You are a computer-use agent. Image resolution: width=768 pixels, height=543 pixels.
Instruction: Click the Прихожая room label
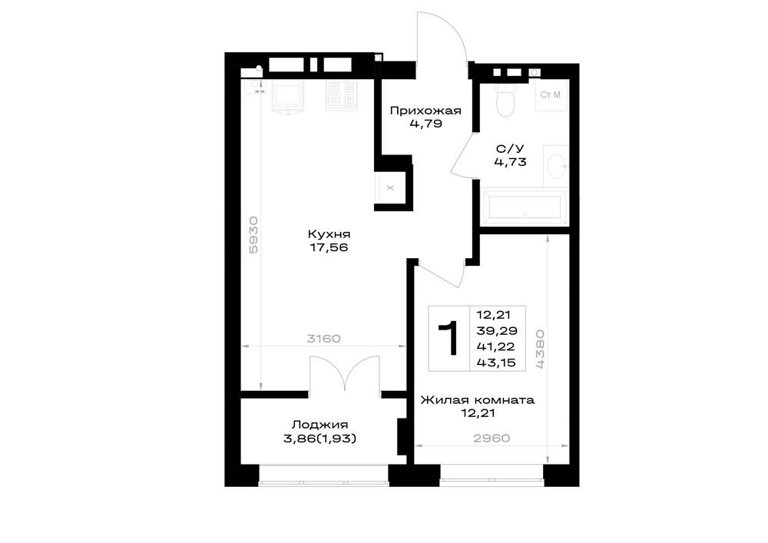425,111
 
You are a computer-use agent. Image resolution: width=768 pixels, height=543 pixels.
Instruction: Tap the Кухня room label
329,234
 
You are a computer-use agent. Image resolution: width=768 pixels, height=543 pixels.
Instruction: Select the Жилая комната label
478,400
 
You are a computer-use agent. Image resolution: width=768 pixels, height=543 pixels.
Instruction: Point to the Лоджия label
319,425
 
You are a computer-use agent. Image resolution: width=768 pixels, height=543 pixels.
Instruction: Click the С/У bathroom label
510,148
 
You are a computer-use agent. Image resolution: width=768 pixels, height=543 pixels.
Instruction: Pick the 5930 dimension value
253,235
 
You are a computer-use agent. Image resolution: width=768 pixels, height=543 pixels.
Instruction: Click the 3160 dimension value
323,339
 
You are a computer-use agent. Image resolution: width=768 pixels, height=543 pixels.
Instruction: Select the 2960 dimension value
492,439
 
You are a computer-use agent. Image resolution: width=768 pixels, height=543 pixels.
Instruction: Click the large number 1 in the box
449,339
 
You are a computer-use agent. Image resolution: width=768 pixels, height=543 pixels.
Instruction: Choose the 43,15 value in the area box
496,363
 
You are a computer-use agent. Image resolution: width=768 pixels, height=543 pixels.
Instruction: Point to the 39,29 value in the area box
497,330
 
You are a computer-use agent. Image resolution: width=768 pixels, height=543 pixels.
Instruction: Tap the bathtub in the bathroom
524,204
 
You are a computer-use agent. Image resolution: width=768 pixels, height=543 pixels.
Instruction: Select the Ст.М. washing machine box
551,95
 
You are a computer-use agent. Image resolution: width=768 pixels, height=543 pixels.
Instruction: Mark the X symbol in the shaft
390,187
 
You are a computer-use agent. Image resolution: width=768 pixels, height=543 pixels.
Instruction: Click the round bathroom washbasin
557,166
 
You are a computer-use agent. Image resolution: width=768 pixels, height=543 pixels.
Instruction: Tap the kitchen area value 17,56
329,248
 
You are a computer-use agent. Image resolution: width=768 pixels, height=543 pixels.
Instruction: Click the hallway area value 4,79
425,124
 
